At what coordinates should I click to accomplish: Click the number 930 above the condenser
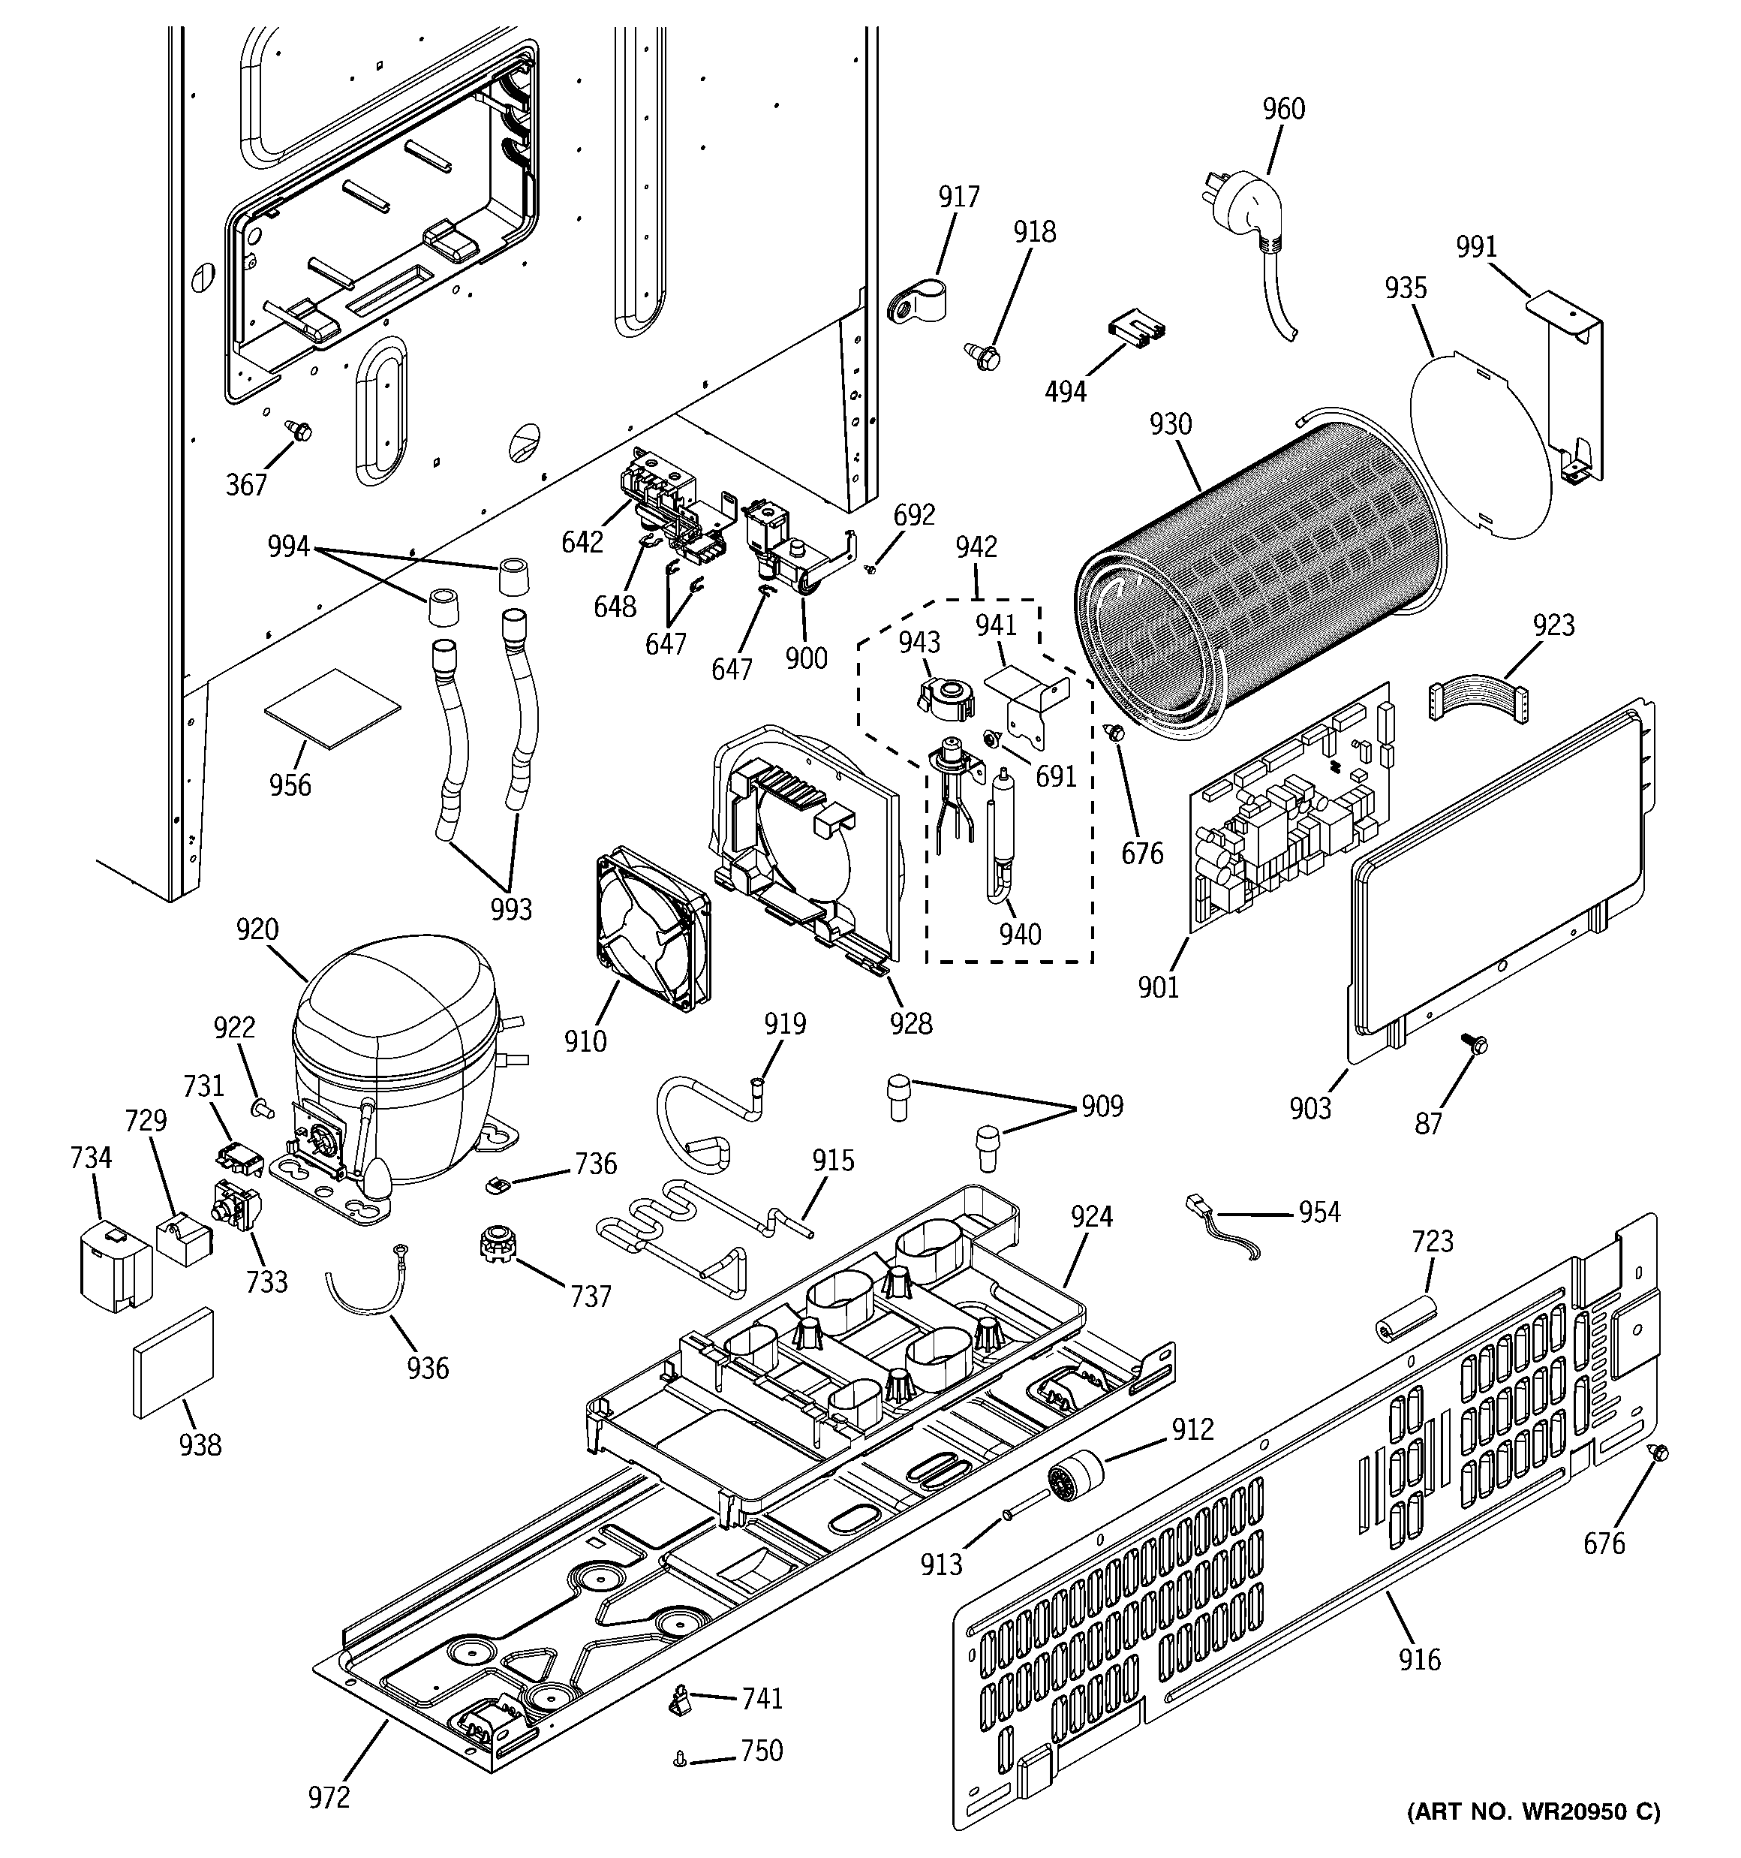(x=1170, y=424)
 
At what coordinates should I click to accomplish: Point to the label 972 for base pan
(x=329, y=1796)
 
